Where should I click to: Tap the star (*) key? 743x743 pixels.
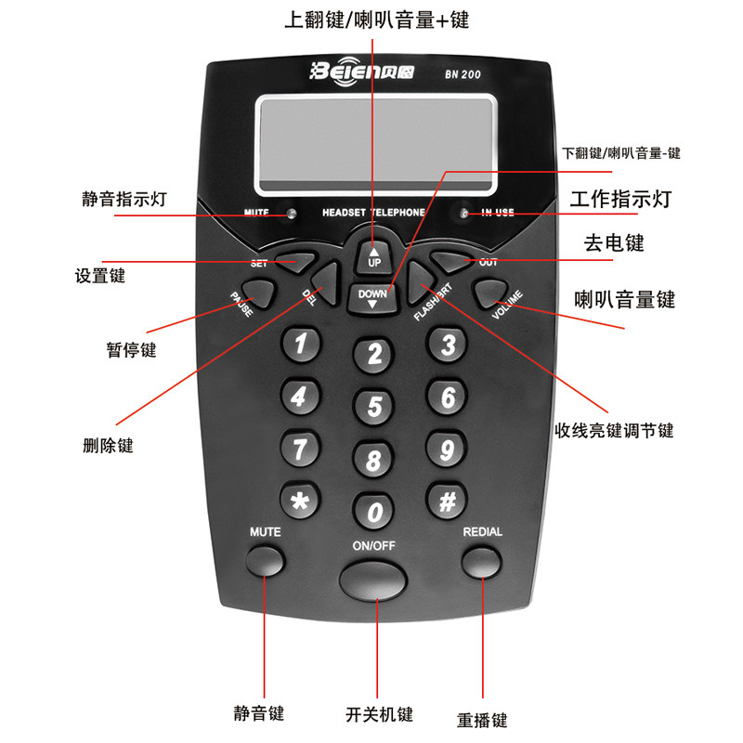coord(300,501)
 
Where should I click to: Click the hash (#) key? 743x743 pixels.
coord(447,501)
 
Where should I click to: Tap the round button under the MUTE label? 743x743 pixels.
coord(266,561)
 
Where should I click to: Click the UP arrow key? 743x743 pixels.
coord(374,257)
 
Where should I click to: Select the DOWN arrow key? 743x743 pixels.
coord(372,299)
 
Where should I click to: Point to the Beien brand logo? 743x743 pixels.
coord(361,72)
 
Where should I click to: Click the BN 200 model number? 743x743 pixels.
coord(463,74)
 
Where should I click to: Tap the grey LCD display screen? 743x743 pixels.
coord(376,145)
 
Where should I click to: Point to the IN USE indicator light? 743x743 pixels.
coord(464,213)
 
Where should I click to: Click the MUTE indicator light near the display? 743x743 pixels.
coord(292,213)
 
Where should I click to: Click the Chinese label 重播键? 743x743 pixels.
coord(482,720)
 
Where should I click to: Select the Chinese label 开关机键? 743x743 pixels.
coord(379,714)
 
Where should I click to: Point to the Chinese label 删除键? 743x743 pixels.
coord(108,446)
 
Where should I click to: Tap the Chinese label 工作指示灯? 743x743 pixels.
coord(620,199)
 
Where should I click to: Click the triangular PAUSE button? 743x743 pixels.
coord(259,293)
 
